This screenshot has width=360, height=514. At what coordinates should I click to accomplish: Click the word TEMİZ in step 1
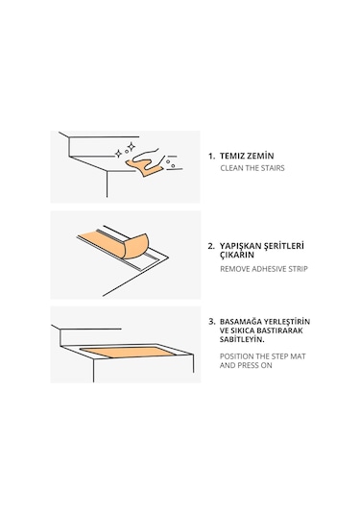click(232, 156)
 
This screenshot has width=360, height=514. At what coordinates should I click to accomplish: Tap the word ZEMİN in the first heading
click(261, 156)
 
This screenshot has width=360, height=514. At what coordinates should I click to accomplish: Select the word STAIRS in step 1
click(273, 168)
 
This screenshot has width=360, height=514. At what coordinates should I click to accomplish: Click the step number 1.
click(211, 156)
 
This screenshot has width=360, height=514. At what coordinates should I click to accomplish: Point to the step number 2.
click(211, 246)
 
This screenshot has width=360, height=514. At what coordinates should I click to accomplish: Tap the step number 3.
click(212, 322)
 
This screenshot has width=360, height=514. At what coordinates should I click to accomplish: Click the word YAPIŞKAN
click(240, 246)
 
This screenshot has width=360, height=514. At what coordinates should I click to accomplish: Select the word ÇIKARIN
click(236, 255)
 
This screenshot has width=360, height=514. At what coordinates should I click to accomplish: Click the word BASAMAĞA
click(241, 322)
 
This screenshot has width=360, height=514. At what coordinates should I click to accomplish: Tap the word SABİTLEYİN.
click(242, 339)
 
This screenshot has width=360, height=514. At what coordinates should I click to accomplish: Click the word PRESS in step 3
click(249, 365)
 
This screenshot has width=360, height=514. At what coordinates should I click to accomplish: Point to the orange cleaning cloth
click(145, 167)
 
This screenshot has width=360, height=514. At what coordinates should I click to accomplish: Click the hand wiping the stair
click(150, 159)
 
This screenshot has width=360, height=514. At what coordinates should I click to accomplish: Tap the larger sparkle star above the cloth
click(131, 147)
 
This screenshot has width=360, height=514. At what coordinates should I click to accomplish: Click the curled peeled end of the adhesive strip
click(135, 247)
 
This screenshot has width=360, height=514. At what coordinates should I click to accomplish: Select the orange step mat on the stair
click(128, 352)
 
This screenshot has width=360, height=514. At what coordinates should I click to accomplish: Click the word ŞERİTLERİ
click(284, 246)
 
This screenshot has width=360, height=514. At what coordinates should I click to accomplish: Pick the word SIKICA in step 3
click(243, 330)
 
